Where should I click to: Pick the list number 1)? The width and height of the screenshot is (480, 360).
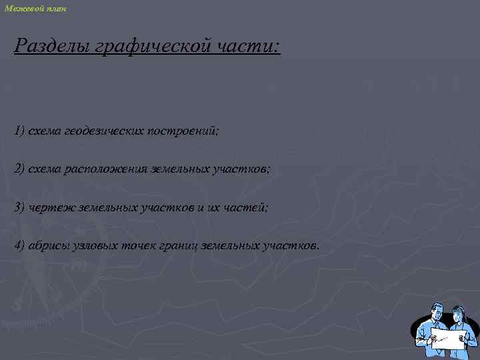pos(19,130)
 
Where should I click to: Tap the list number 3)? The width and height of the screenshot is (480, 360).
pos(19,207)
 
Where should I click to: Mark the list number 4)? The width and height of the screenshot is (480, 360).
pos(19,246)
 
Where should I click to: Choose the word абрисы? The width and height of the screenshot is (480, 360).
pos(49,246)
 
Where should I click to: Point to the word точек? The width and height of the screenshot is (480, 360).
pos(139,246)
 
